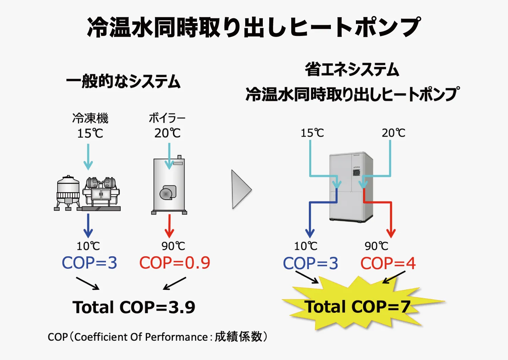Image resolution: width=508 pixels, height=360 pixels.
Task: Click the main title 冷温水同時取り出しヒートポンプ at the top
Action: click(254, 27)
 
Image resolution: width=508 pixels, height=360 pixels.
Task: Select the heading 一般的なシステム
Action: click(123, 81)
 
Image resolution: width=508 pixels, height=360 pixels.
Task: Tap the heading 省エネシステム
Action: click(352, 69)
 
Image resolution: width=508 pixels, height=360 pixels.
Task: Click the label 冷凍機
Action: click(90, 118)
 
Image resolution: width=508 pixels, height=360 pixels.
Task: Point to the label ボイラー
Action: click(167, 118)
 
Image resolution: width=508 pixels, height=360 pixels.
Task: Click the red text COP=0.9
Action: click(175, 263)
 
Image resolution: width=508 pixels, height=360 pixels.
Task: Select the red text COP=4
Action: click(388, 263)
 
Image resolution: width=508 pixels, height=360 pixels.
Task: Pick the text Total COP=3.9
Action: click(134, 307)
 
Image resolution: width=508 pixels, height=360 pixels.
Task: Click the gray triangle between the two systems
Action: click(240, 189)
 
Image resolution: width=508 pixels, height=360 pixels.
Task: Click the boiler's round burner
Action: click(166, 194)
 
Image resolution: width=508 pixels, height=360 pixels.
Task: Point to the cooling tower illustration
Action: click(68, 193)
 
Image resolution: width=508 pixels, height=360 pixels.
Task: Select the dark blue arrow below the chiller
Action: click(88, 226)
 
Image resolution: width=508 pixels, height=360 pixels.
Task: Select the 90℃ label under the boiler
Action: click(173, 246)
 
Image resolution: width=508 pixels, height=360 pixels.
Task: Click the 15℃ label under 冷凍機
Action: click(90, 133)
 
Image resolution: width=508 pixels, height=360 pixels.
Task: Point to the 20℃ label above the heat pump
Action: click(394, 133)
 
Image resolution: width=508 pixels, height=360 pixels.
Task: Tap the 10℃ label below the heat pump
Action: click(306, 246)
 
